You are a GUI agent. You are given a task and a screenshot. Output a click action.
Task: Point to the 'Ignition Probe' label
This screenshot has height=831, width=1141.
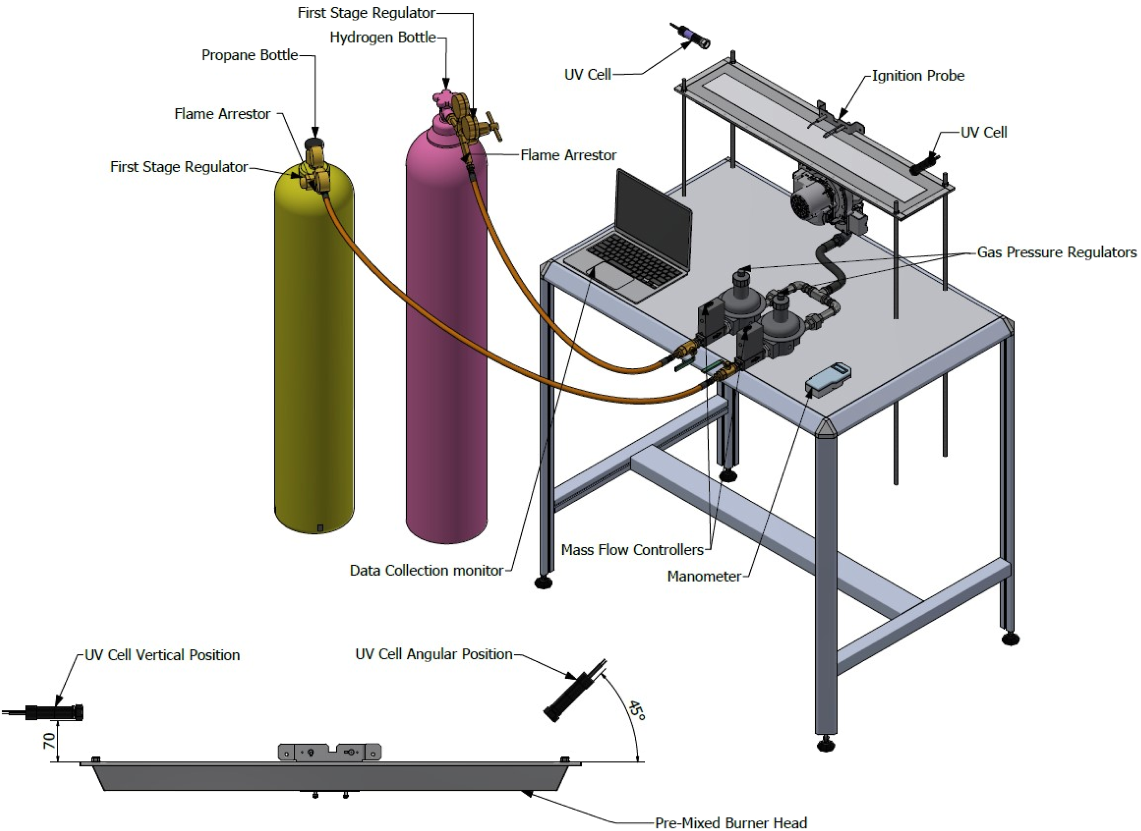point(918,76)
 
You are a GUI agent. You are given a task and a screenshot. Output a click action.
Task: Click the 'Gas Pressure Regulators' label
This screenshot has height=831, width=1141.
point(1056,252)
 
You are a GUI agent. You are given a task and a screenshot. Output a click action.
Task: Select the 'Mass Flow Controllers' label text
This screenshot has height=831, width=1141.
point(632,550)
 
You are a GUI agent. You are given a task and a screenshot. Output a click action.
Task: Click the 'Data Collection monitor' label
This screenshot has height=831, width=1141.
point(427,570)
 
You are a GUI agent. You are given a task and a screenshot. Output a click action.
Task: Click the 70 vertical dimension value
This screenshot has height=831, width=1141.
point(49,740)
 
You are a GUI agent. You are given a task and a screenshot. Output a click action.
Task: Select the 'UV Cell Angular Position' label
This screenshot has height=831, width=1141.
point(434,654)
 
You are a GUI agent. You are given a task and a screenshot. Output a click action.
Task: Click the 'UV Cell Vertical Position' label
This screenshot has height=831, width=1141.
point(162,655)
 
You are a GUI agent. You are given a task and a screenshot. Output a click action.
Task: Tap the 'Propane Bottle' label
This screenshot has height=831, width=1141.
point(249,55)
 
